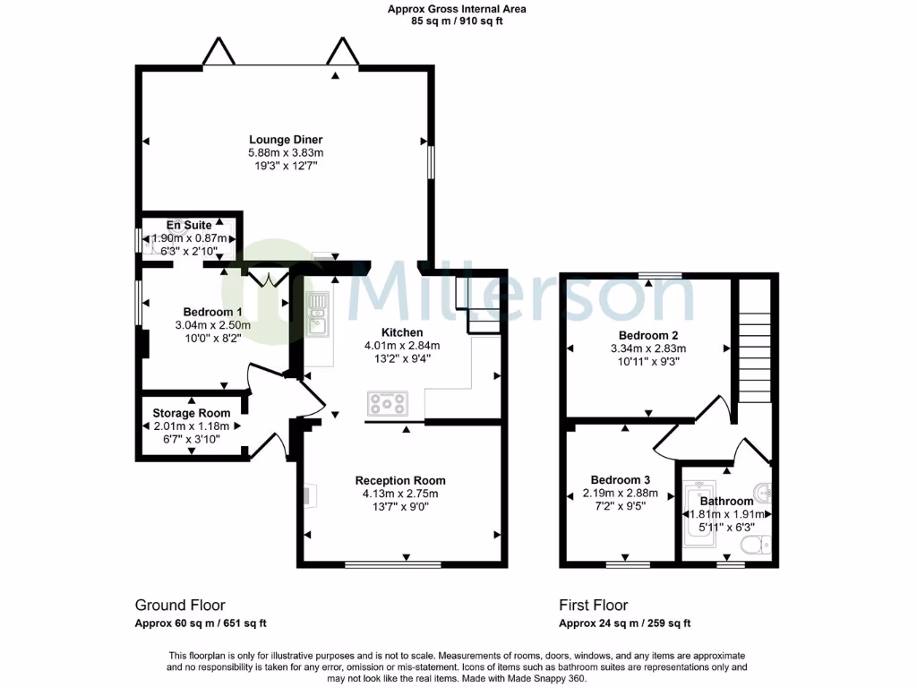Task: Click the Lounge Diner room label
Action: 285,140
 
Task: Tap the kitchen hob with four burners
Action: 388,403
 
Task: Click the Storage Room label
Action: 191,413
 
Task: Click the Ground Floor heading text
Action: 180,606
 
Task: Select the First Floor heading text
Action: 594,606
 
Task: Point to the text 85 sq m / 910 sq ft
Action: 457,21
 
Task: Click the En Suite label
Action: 188,225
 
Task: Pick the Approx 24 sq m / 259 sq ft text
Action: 624,624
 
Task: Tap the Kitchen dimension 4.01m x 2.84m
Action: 401,346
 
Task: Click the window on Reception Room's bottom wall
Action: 392,564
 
